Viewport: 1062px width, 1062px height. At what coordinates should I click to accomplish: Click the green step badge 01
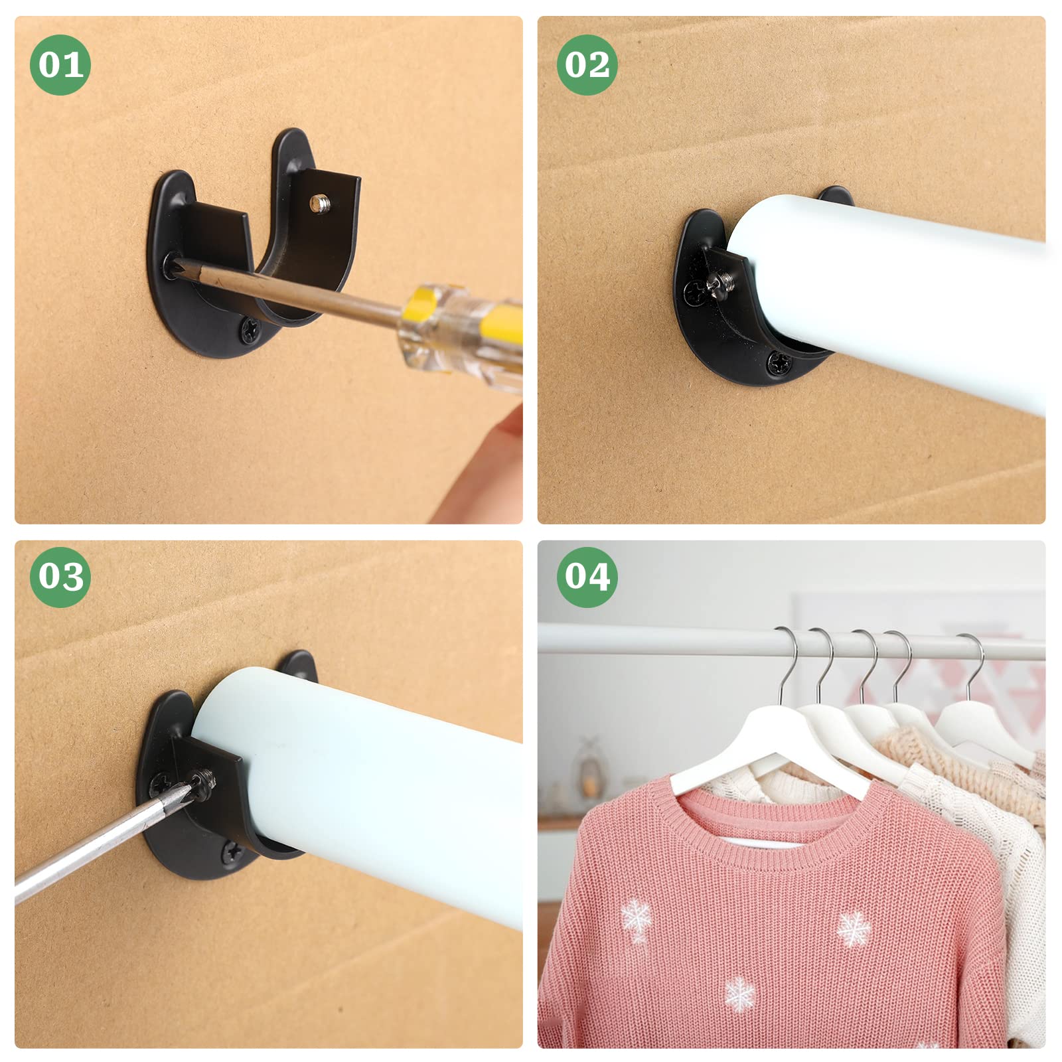[60, 64]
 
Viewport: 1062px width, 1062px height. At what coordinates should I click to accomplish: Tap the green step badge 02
[587, 64]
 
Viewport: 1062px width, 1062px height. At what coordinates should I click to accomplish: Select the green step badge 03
[60, 576]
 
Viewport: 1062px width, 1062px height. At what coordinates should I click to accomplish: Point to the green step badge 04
[587, 576]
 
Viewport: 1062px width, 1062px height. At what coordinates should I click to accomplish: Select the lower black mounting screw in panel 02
[778, 363]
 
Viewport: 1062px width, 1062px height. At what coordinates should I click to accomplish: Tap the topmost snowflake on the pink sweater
[636, 919]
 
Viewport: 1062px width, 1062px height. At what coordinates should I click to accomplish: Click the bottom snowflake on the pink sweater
[739, 994]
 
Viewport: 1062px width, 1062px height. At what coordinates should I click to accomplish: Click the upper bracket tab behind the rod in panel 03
[300, 663]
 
